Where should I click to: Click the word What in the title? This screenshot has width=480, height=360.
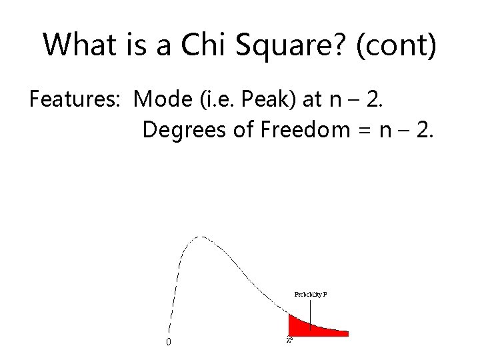point(77,45)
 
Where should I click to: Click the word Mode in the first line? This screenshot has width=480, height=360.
point(159,99)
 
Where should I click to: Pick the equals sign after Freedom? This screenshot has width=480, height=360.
point(365,129)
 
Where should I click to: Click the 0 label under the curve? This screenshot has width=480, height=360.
point(168,342)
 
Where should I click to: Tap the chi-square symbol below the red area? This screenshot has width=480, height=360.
point(289,340)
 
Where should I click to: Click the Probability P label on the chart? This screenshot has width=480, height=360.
point(311,294)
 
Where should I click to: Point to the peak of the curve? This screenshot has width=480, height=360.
point(201,237)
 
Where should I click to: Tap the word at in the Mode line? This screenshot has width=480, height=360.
point(311,99)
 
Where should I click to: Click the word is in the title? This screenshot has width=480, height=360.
point(131,45)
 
